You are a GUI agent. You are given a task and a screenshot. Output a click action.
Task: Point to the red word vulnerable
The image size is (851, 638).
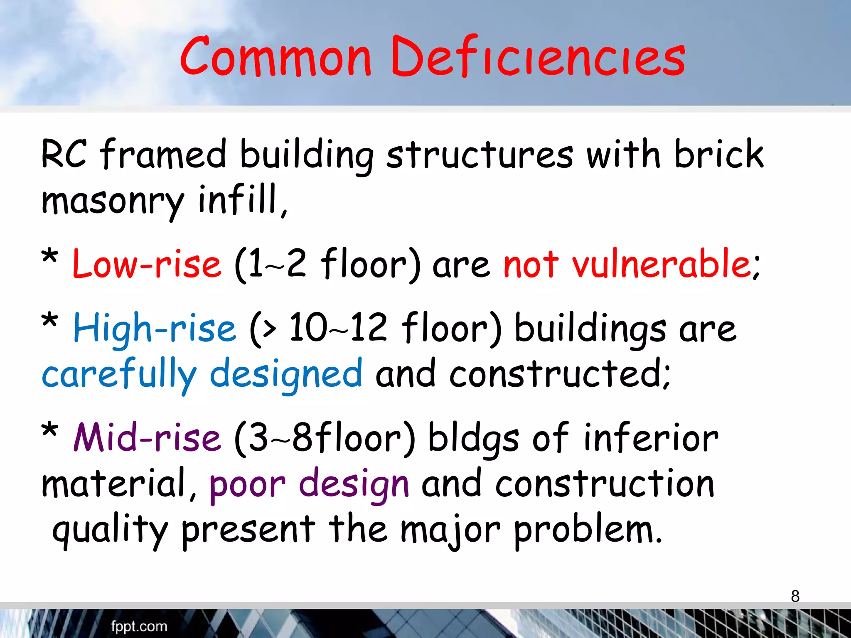665,264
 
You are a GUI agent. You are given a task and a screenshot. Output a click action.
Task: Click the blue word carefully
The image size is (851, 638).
119,374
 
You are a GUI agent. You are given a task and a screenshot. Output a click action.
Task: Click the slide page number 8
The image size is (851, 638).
795,596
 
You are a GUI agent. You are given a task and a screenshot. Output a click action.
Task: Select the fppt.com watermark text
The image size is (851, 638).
139,626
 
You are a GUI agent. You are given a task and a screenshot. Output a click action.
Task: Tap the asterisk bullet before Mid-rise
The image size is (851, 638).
50,430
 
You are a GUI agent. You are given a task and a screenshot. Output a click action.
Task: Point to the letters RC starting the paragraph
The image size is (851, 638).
64,154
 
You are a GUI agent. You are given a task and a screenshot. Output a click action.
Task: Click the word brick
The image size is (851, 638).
719,154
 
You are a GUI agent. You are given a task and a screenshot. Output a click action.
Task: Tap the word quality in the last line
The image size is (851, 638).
110,532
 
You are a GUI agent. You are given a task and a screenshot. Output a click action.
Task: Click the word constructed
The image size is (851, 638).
559,374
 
